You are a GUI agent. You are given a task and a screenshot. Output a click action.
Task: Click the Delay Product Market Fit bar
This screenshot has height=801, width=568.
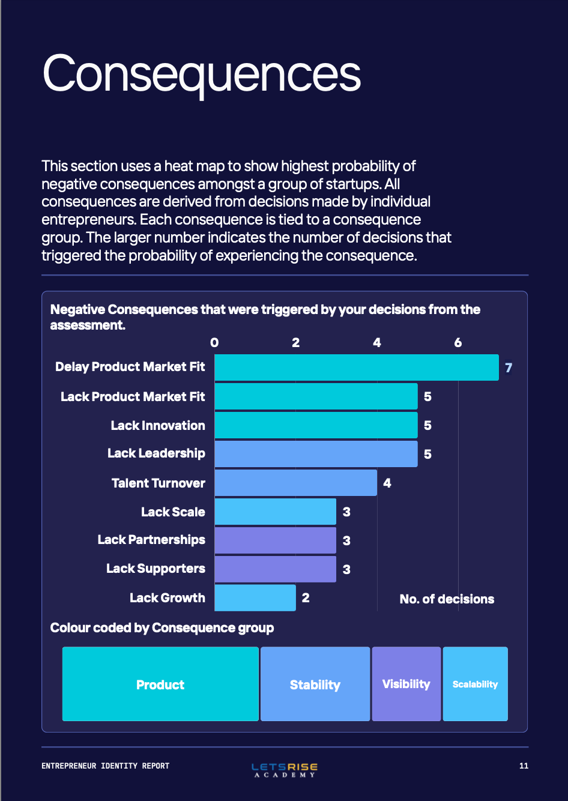point(356,367)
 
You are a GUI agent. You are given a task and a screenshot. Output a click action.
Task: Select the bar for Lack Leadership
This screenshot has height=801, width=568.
point(316,454)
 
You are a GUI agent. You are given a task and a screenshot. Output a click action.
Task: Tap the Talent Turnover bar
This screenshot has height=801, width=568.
point(295,483)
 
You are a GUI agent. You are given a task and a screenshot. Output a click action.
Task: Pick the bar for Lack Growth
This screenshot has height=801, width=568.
point(255,597)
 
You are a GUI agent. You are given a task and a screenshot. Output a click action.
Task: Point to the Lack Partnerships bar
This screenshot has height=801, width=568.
point(275,540)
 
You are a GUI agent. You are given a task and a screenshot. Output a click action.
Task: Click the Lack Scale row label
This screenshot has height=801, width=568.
point(173,512)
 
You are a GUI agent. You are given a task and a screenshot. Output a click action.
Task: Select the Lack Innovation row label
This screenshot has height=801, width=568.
point(158,426)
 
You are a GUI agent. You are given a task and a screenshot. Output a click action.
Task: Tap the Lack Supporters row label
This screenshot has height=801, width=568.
point(156,569)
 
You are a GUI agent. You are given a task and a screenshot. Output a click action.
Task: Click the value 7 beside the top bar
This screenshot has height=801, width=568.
point(509,367)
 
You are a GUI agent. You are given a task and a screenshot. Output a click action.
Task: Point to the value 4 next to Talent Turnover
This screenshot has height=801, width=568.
point(387,483)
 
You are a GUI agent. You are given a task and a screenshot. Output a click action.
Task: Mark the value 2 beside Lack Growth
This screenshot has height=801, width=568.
point(306,597)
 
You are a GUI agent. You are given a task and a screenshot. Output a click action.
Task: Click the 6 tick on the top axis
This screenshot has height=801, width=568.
point(458,343)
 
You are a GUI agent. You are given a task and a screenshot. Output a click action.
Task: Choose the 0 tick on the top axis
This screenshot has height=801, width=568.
point(214,343)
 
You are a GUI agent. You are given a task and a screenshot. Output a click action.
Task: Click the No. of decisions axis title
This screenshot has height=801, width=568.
point(447,599)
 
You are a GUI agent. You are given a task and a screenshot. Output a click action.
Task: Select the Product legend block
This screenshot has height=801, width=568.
point(160,684)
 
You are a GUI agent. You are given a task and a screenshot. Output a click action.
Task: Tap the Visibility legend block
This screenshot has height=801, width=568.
point(406,684)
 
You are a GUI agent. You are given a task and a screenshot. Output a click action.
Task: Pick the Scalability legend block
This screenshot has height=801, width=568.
point(475,684)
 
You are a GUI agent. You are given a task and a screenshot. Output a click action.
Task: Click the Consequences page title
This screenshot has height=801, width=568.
point(201,73)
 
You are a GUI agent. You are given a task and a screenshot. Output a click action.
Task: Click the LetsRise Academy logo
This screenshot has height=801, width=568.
point(285,769)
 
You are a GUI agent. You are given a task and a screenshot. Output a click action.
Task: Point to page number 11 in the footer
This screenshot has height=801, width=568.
point(524,766)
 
